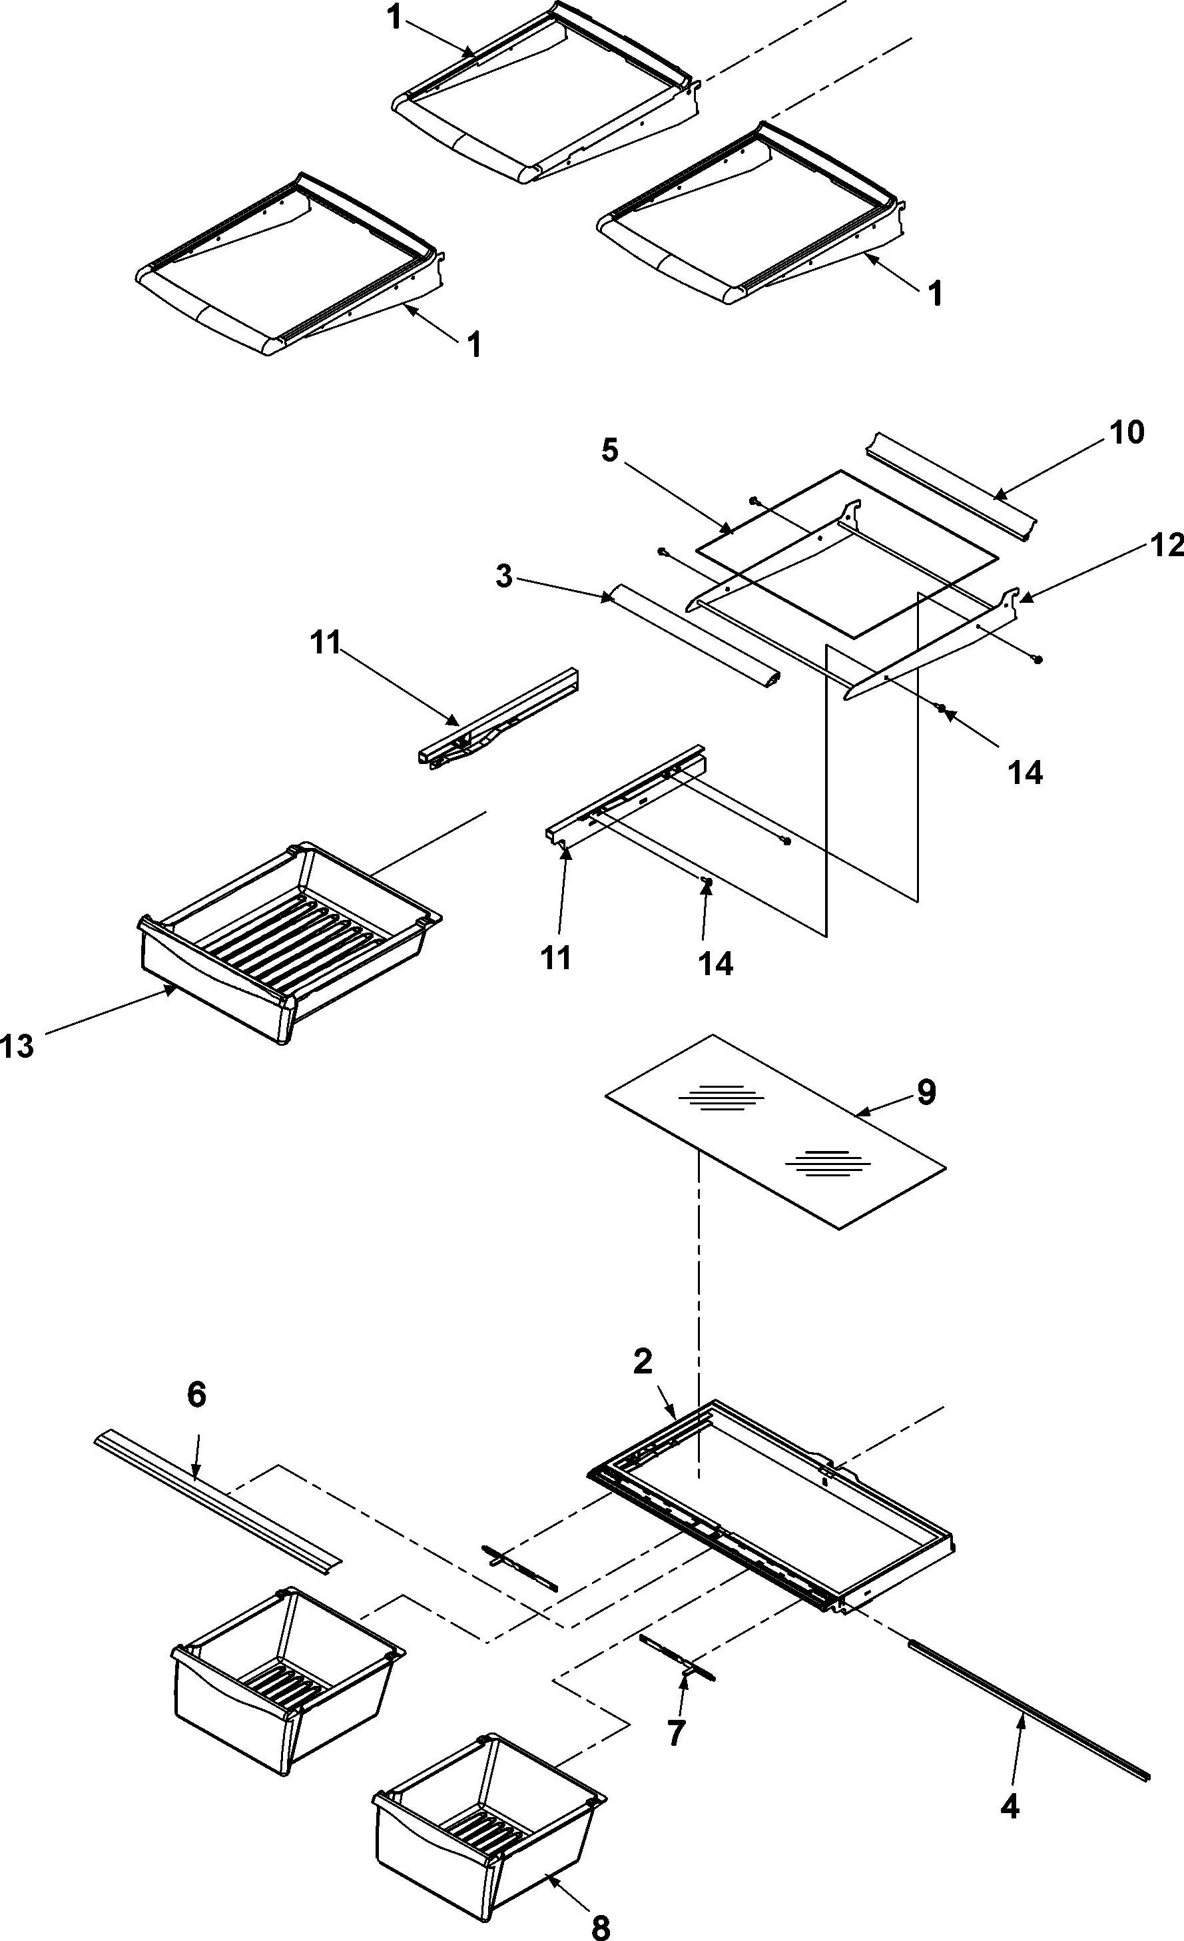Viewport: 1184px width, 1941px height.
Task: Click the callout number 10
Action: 1127,432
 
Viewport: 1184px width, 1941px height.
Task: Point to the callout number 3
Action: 503,576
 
